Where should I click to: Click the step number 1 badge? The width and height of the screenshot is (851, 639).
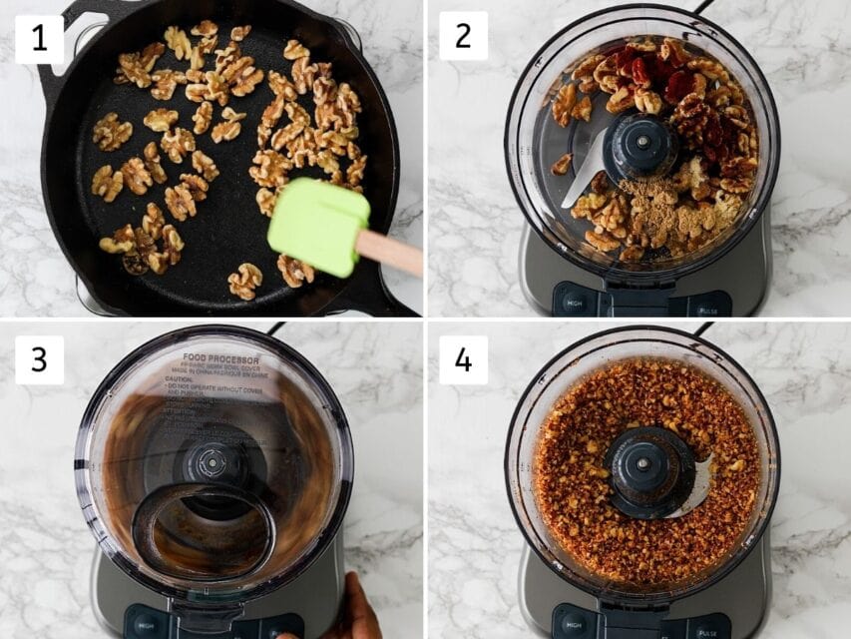pyautogui.click(x=39, y=40)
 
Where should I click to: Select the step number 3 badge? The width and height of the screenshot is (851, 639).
pyautogui.click(x=39, y=359)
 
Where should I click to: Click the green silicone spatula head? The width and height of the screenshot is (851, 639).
pyautogui.click(x=317, y=227)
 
